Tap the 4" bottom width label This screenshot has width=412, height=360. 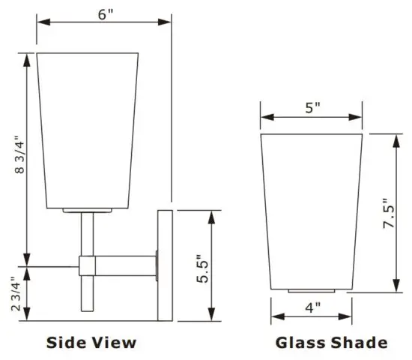(x=312, y=305)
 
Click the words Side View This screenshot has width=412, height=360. (x=91, y=343)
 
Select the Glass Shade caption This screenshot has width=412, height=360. (x=332, y=343)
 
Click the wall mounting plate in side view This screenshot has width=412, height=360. (x=165, y=266)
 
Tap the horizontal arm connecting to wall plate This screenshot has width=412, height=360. (x=127, y=265)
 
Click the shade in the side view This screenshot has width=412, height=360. (x=88, y=131)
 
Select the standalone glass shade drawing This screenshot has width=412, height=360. (x=312, y=210)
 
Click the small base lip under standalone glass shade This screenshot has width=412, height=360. (x=312, y=290)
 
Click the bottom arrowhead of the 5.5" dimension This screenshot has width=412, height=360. (x=213, y=316)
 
